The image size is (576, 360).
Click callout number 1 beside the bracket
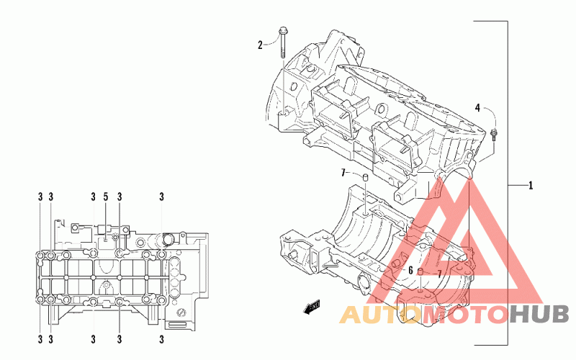click(x=531, y=186)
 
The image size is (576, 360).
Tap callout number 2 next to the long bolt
click(x=261, y=45)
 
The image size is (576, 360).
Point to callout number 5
click(x=105, y=197)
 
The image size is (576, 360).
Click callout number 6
click(x=410, y=270)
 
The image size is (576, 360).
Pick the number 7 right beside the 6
click(x=438, y=274)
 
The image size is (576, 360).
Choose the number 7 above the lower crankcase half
click(x=344, y=173)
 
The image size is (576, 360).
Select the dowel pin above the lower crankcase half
click(x=365, y=177)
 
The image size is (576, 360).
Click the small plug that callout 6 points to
click(x=420, y=271)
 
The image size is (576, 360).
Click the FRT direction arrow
click(x=311, y=308)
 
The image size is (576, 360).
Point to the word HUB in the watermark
click(x=540, y=314)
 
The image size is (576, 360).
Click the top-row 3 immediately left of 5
click(x=94, y=197)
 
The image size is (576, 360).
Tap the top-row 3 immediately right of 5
click(x=118, y=197)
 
